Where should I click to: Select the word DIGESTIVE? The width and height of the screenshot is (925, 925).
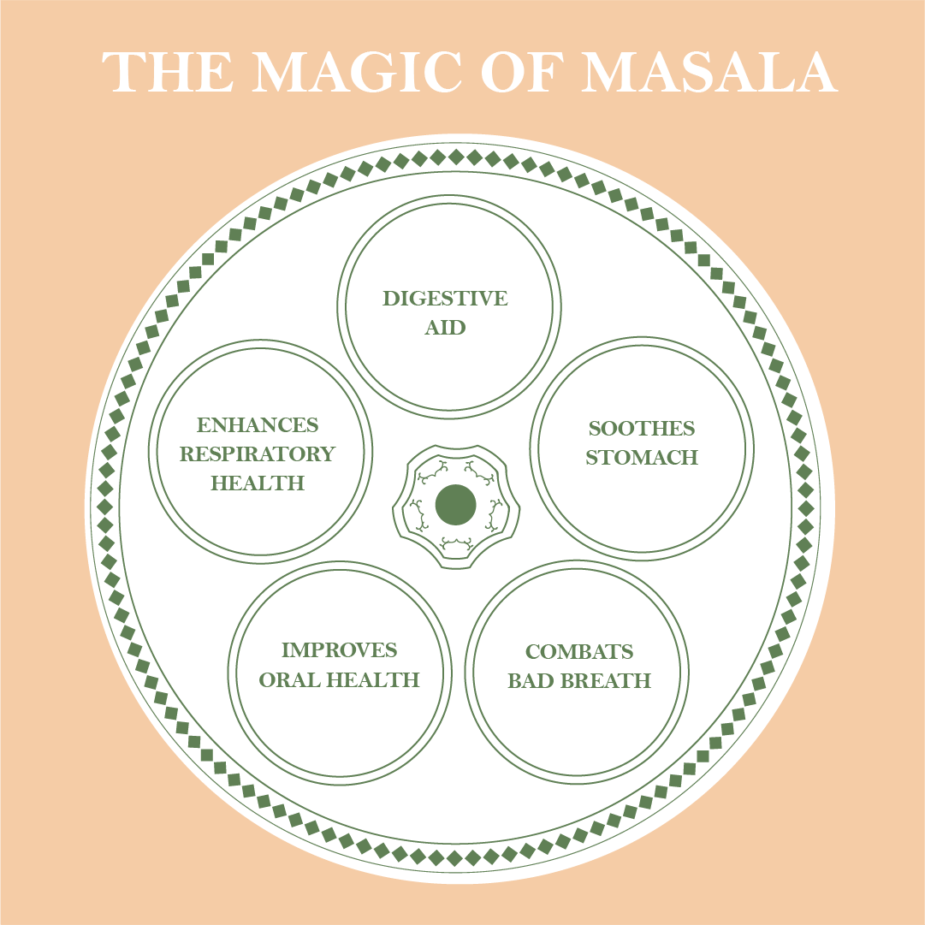point(445,299)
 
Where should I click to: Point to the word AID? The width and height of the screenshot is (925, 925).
point(445,328)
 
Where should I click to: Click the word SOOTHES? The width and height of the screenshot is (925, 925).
point(642,428)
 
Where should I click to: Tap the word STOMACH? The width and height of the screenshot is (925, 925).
point(642,458)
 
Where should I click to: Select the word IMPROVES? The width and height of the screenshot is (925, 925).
point(340,650)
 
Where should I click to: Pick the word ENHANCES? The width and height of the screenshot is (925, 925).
point(257,425)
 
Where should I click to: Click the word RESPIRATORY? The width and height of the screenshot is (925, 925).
point(257,454)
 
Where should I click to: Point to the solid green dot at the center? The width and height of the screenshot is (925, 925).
point(455,505)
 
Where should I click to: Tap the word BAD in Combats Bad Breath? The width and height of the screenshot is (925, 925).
point(529,681)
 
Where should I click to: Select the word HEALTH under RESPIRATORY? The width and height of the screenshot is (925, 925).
point(257,483)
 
